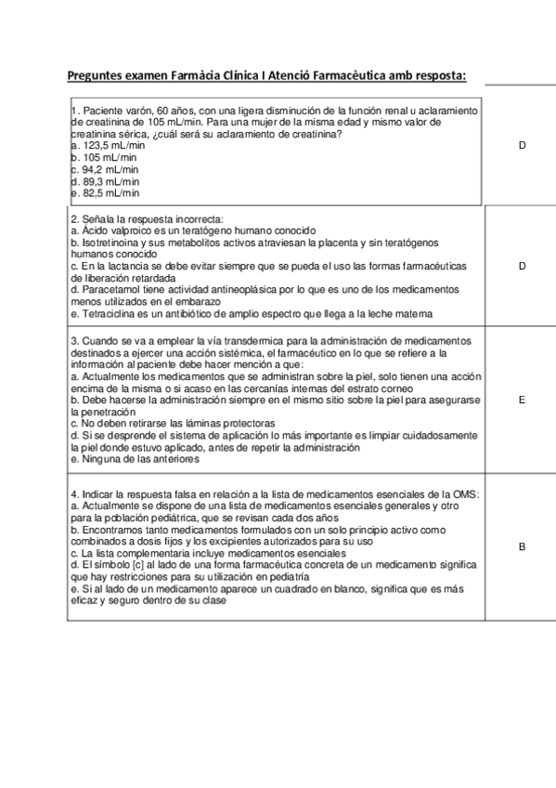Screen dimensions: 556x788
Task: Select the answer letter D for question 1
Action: pyautogui.click(x=523, y=146)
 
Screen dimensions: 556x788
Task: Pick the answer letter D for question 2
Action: pyautogui.click(x=523, y=266)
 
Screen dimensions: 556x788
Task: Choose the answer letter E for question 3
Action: pyautogui.click(x=523, y=400)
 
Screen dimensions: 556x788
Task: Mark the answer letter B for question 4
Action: pyautogui.click(x=523, y=546)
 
